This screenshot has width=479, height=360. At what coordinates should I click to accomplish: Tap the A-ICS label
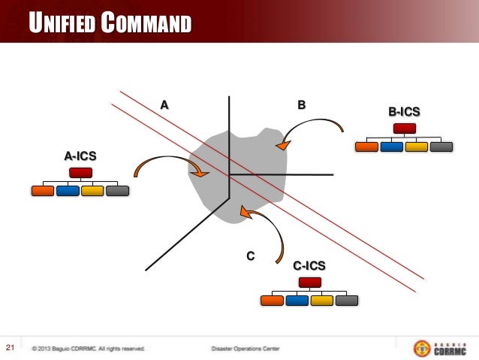pyautogui.click(x=80, y=156)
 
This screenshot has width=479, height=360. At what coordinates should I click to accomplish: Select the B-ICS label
pyautogui.click(x=404, y=112)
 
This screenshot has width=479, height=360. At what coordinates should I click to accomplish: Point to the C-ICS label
pyautogui.click(x=309, y=265)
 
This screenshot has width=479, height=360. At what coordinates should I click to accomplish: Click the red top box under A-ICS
pyautogui.click(x=80, y=174)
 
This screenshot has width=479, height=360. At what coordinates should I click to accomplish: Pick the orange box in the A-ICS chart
pyautogui.click(x=44, y=191)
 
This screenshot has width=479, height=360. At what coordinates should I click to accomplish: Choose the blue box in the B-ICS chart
pyautogui.click(x=391, y=147)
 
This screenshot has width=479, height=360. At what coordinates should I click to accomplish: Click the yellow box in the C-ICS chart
pyautogui.click(x=322, y=301)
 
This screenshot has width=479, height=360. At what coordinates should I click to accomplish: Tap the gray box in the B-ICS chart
pyautogui.click(x=441, y=147)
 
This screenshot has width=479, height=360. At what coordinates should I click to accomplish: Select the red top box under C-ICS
pyautogui.click(x=309, y=283)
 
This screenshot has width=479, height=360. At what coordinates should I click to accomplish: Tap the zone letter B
pyautogui.click(x=301, y=104)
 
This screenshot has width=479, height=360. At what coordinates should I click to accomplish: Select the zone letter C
pyautogui.click(x=251, y=257)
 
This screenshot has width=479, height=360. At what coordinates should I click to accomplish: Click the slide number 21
pyautogui.click(x=11, y=347)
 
